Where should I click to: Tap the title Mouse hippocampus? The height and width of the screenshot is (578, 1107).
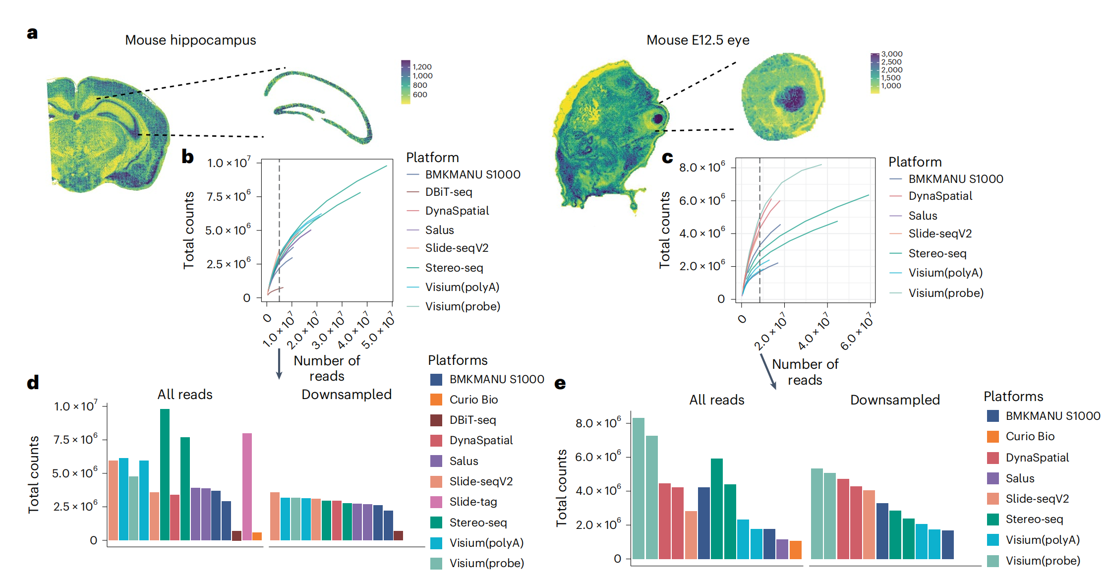(x=190, y=40)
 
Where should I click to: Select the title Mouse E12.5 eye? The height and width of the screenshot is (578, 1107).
(x=698, y=40)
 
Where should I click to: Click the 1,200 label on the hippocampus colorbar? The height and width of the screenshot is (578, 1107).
(x=422, y=67)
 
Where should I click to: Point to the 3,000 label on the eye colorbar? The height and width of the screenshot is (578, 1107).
(x=891, y=54)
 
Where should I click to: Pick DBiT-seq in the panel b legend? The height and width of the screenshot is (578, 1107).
(x=448, y=192)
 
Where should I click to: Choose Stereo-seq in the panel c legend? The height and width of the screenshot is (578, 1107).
(x=937, y=254)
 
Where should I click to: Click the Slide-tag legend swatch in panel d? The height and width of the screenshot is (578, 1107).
(x=436, y=502)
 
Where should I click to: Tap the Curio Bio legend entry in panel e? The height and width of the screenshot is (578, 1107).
(x=1030, y=437)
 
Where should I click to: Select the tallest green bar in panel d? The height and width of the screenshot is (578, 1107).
(x=165, y=474)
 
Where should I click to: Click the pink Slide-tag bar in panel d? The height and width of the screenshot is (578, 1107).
(x=247, y=486)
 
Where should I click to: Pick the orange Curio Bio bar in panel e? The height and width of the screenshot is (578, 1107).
(x=795, y=550)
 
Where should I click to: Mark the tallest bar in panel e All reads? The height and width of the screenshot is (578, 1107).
(x=639, y=488)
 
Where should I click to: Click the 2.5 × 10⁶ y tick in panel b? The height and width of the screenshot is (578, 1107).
(x=229, y=264)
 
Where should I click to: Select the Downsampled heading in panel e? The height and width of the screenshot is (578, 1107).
(x=895, y=400)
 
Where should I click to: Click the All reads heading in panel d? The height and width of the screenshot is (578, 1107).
(x=185, y=395)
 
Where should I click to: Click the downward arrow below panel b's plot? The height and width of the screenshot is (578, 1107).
(x=279, y=364)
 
